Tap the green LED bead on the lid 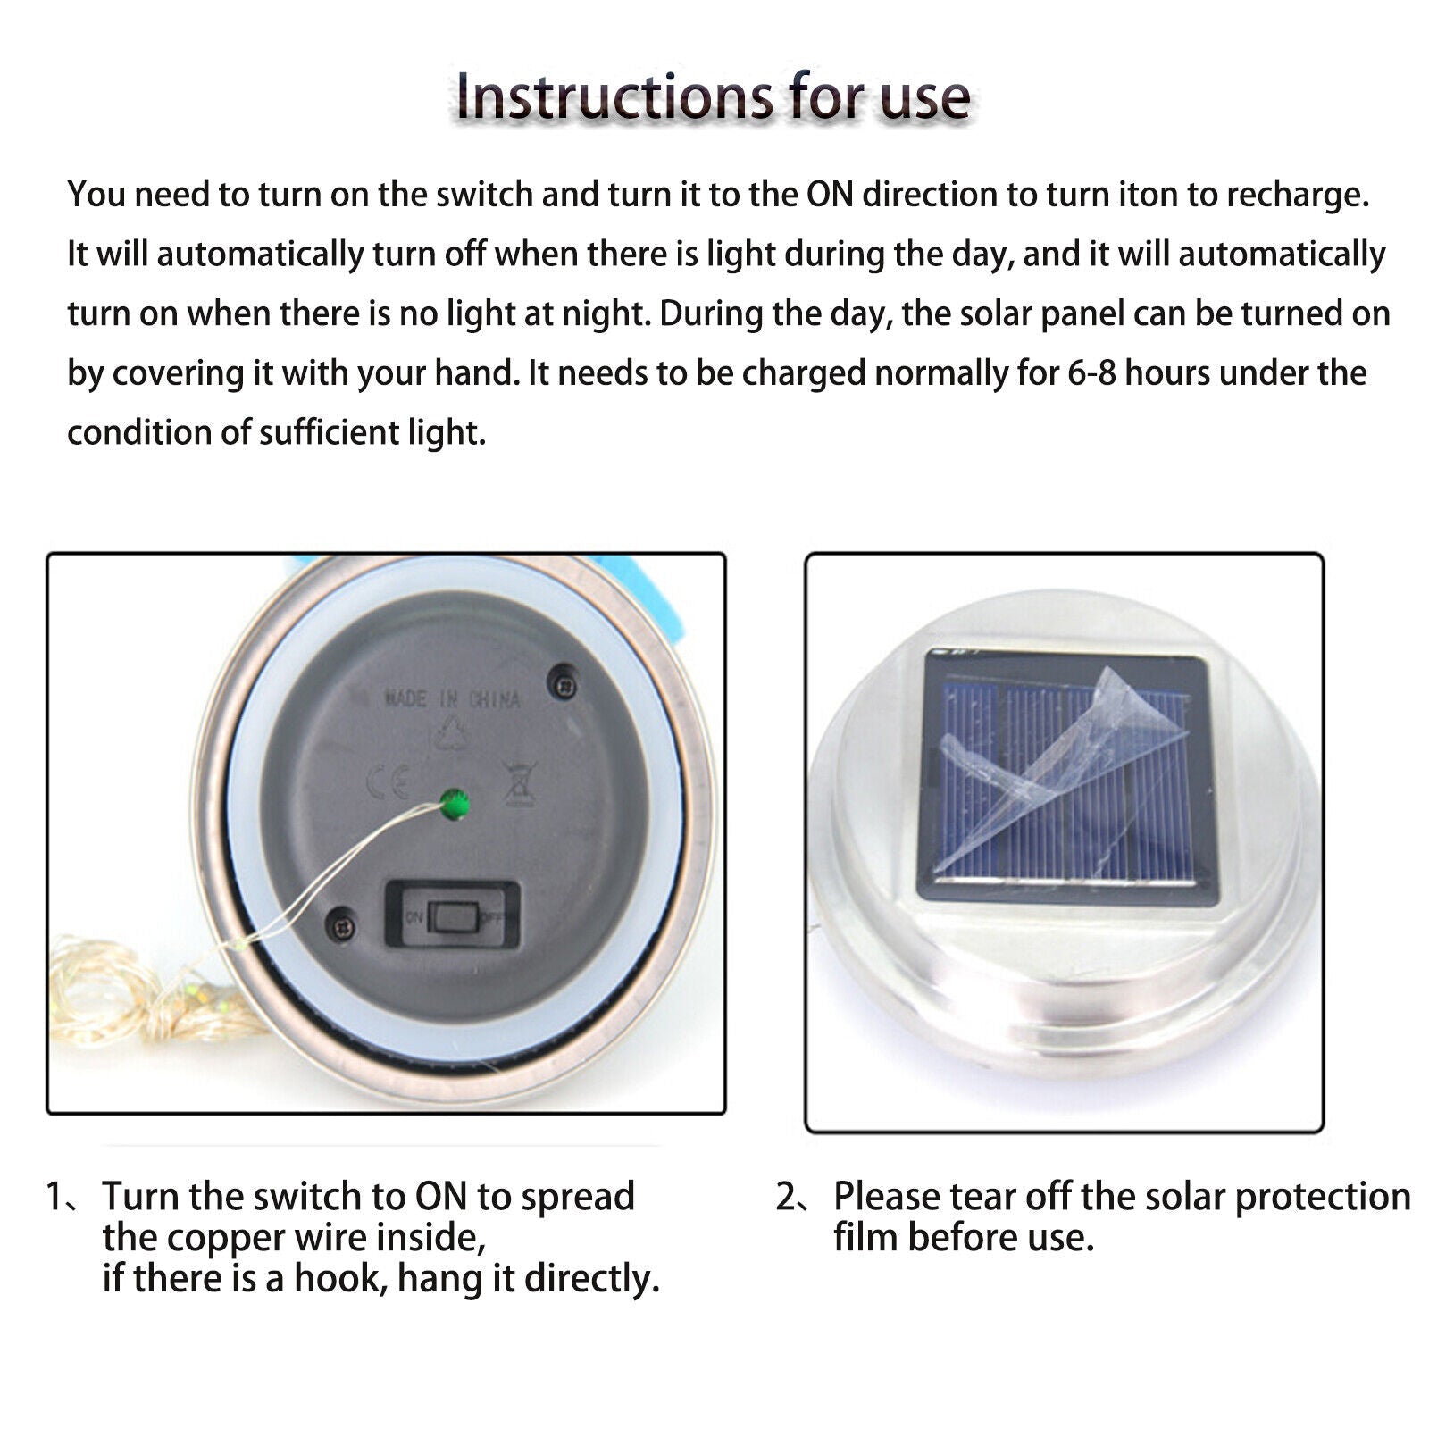(455, 804)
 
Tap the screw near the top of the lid (564, 684)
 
